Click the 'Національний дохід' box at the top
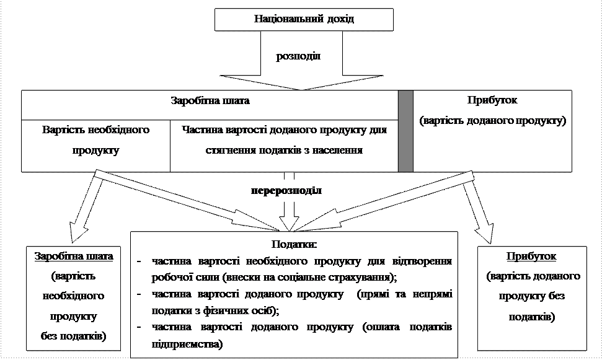(304, 19)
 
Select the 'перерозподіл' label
(286, 189)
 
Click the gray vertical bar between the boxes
(405, 131)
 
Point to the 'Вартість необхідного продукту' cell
(96, 141)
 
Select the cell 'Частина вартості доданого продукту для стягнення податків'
(285, 141)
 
